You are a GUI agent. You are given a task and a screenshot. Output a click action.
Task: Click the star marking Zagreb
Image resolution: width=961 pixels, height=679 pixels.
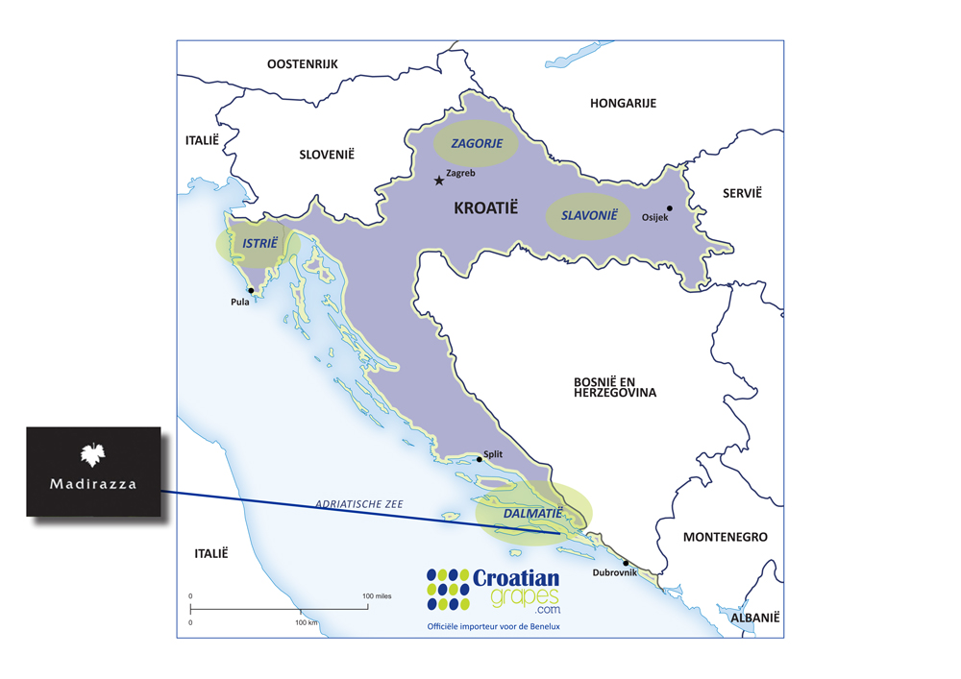tap(439, 180)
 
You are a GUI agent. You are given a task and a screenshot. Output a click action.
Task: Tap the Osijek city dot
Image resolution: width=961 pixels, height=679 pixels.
tap(670, 208)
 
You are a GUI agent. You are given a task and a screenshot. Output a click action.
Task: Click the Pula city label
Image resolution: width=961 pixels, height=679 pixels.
tap(240, 302)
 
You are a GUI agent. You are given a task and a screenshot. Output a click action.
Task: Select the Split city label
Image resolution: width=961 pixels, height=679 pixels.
tap(493, 454)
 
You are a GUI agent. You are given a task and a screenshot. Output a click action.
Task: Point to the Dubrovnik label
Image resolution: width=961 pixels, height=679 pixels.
tap(614, 573)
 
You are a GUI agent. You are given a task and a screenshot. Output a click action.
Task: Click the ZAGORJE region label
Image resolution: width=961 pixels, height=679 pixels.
tap(477, 143)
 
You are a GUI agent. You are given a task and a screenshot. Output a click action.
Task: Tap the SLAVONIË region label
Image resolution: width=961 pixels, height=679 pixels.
tap(588, 216)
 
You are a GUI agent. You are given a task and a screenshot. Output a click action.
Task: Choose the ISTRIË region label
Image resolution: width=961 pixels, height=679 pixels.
tap(259, 244)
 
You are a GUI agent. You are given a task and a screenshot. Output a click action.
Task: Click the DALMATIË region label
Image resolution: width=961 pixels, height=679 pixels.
tap(532, 515)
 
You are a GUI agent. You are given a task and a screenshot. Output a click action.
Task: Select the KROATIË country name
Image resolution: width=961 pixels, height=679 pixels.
tap(485, 206)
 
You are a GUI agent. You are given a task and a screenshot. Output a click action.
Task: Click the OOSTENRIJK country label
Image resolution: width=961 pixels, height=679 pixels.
tap(303, 64)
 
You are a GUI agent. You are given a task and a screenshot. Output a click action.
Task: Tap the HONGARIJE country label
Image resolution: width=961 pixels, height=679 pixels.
tap(623, 103)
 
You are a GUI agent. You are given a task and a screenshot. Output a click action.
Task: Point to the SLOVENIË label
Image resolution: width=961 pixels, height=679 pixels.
tap(327, 154)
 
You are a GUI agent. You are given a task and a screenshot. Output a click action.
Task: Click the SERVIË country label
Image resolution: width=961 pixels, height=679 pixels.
tap(742, 193)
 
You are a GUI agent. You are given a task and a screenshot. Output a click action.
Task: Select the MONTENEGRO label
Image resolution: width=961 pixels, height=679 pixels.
tap(725, 537)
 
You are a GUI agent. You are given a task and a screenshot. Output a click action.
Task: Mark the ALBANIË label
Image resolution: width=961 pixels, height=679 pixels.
tap(755, 618)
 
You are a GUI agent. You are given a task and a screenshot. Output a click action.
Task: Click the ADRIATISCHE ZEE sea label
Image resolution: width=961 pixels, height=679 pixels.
tap(359, 503)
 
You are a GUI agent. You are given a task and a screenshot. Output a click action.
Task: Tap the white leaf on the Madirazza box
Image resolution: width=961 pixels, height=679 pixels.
tap(93, 454)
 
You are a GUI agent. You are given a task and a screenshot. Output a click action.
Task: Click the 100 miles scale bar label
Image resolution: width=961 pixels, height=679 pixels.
tap(377, 595)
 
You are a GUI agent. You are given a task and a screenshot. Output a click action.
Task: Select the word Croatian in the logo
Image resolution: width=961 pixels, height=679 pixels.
tap(515, 578)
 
